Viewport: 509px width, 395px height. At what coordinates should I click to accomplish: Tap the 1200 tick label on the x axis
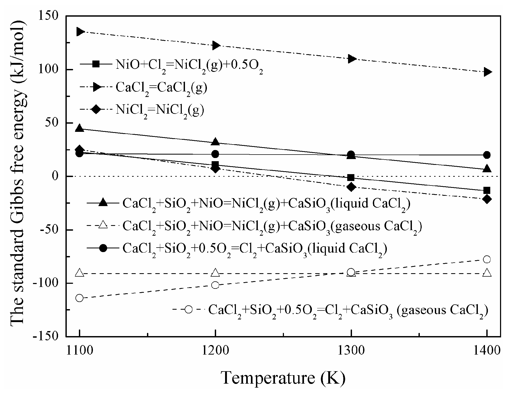click(x=215, y=351)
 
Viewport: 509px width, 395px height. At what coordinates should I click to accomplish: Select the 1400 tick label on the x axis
click(x=487, y=351)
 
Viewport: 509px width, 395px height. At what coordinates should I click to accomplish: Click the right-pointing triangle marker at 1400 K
click(x=487, y=72)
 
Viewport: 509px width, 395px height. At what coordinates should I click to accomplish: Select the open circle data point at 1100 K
click(x=79, y=298)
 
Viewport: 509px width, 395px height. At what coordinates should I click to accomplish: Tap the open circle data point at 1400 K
click(x=487, y=259)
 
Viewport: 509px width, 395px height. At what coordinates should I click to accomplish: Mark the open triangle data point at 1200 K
click(x=216, y=272)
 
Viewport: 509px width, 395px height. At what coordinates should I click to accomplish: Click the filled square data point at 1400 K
click(x=487, y=190)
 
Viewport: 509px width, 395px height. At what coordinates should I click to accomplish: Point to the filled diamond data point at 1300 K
click(x=351, y=187)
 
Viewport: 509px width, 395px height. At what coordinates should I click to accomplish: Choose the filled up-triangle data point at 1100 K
click(x=79, y=128)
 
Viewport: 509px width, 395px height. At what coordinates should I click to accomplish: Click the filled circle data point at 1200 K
click(x=216, y=154)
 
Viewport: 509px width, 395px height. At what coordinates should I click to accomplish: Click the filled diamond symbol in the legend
click(x=96, y=109)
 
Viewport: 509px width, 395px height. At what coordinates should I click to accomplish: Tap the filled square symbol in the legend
click(x=96, y=64)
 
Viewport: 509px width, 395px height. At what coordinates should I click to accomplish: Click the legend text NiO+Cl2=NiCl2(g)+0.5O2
click(x=189, y=65)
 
